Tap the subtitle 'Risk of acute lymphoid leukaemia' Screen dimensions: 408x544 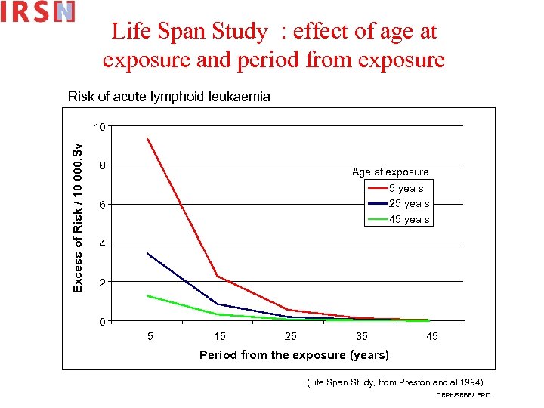tap(168, 97)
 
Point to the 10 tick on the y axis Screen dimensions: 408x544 tap(99, 126)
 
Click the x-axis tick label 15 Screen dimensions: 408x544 tap(220, 336)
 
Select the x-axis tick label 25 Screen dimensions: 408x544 tap(291, 336)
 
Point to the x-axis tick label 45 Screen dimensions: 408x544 tap(431, 336)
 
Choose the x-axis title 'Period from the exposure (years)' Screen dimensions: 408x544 tap(294, 355)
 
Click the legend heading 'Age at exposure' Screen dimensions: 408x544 tap(390, 172)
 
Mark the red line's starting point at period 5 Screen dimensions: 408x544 tap(147, 138)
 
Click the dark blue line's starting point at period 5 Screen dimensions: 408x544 tap(147, 253)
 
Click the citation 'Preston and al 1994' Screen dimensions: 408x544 tap(431, 382)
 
